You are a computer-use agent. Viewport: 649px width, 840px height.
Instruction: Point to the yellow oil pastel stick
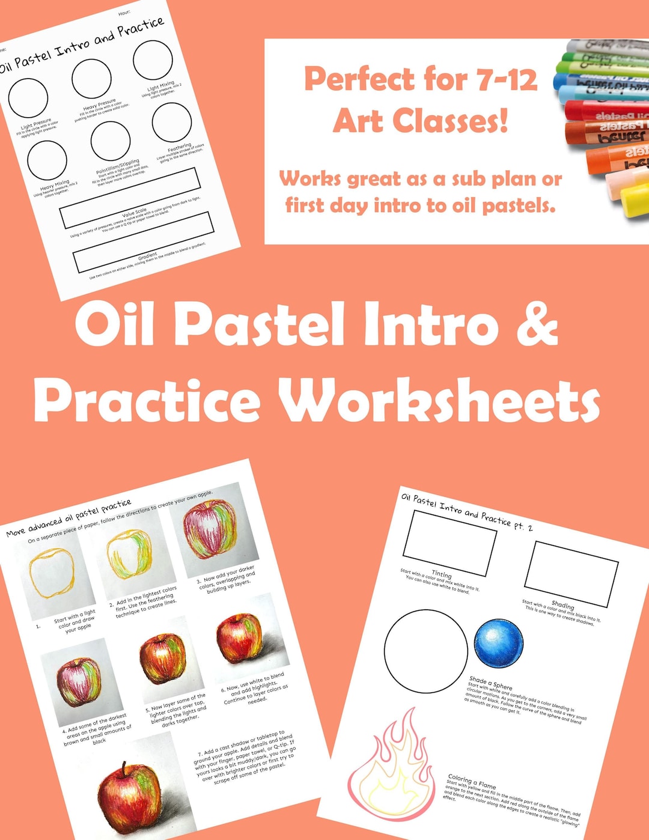pos(634,200)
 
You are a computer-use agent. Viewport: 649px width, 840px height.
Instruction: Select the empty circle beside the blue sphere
pos(425,651)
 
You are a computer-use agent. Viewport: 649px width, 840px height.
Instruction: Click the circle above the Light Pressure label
pos(28,97)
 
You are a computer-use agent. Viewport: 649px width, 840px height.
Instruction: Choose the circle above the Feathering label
pos(172,123)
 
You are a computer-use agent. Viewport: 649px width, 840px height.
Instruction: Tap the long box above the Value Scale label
pos(130,198)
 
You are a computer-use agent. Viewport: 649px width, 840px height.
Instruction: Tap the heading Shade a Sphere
pos(490,683)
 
